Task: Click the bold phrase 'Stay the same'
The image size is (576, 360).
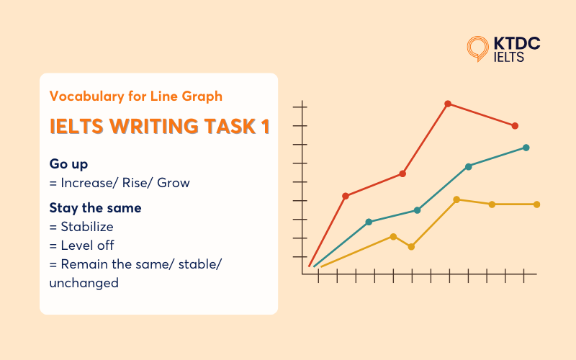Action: [95, 208]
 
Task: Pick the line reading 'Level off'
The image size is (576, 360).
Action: [82, 246]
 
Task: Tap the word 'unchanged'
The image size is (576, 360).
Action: [84, 283]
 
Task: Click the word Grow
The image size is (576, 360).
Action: [175, 183]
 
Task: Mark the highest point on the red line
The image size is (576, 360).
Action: [448, 104]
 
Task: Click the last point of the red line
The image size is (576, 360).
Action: [515, 126]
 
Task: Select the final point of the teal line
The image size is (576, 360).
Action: [526, 148]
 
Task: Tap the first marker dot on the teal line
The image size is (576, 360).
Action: [369, 222]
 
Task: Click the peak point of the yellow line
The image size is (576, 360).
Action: [456, 199]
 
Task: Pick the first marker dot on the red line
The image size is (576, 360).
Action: [346, 196]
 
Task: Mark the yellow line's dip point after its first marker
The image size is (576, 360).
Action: [411, 247]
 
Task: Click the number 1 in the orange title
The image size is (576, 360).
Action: [265, 126]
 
